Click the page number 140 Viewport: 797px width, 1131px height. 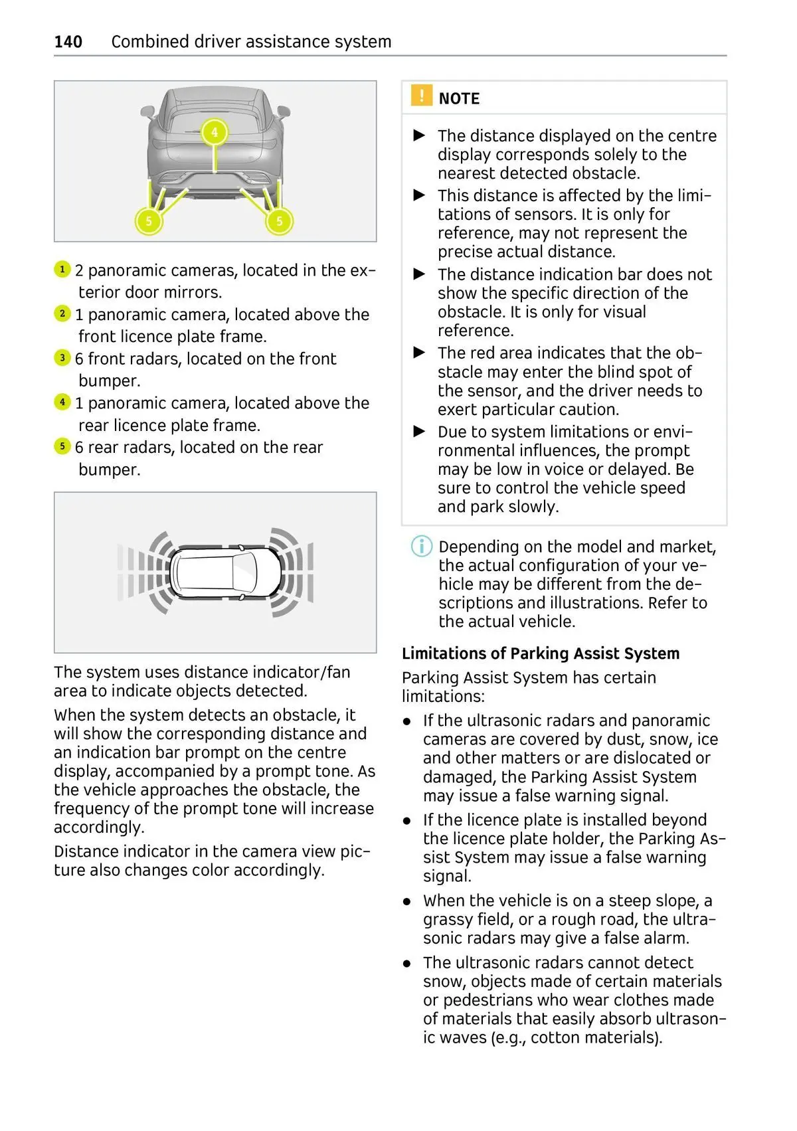pyautogui.click(x=68, y=41)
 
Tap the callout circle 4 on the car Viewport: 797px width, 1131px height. pyautogui.click(x=215, y=132)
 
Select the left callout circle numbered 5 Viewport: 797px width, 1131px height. pyautogui.click(x=149, y=220)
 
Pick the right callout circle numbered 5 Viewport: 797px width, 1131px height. pyautogui.click(x=280, y=220)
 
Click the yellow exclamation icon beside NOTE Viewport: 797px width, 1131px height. pyautogui.click(x=421, y=95)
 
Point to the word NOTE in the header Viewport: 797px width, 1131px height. pyautogui.click(x=459, y=98)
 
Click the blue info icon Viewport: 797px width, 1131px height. pyautogui.click(x=421, y=547)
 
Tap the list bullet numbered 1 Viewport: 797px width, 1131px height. pyautogui.click(x=62, y=269)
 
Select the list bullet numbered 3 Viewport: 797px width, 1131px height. pyautogui.click(x=62, y=357)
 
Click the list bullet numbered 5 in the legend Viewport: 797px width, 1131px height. pyautogui.click(x=62, y=446)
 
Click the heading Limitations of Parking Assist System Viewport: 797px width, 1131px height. pyautogui.click(x=541, y=653)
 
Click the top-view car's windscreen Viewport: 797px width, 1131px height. pyautogui.click(x=245, y=572)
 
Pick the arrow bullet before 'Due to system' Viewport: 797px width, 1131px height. pyautogui.click(x=419, y=431)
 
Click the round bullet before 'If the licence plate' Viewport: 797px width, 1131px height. pyautogui.click(x=407, y=821)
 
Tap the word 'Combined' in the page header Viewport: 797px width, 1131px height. pyautogui.click(x=150, y=41)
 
